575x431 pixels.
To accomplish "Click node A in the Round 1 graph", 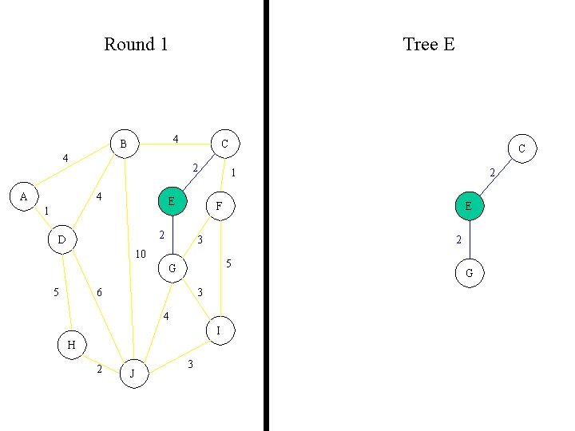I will click(23, 196).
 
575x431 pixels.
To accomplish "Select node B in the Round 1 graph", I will click(123, 144).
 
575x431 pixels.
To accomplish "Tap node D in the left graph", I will click(61, 239).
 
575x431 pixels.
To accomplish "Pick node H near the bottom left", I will click(71, 345).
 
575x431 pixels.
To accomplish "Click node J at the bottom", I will click(133, 373).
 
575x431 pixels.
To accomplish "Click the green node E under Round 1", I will click(171, 201).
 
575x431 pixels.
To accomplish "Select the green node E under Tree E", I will click(469, 206).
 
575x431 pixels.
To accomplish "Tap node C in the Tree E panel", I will click(521, 148).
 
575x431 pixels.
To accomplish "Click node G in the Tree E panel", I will click(469, 273).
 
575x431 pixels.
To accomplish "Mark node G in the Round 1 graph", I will click(172, 268).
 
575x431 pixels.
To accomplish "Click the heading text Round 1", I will click(136, 45).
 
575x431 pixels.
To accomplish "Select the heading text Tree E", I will click(429, 45).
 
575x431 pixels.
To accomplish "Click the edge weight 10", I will click(141, 255).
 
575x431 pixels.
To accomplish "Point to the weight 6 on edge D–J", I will click(99, 293).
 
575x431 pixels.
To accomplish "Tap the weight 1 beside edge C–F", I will click(232, 172).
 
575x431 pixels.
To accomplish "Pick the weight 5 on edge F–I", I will click(228, 263).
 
